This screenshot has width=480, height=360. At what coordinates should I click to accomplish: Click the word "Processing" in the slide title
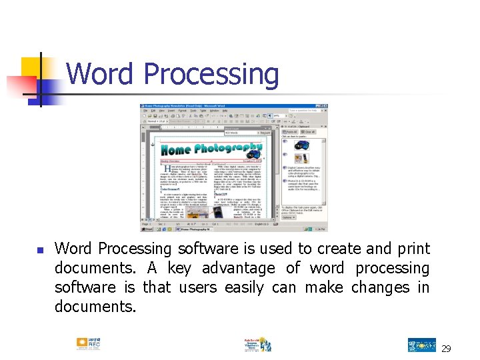click(211, 75)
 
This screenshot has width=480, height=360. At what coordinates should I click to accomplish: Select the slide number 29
click(445, 349)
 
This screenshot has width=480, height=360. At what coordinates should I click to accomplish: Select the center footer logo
click(257, 345)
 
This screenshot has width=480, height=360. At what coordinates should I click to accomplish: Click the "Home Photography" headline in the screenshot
click(212, 148)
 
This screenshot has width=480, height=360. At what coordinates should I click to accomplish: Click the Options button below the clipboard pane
click(289, 217)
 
